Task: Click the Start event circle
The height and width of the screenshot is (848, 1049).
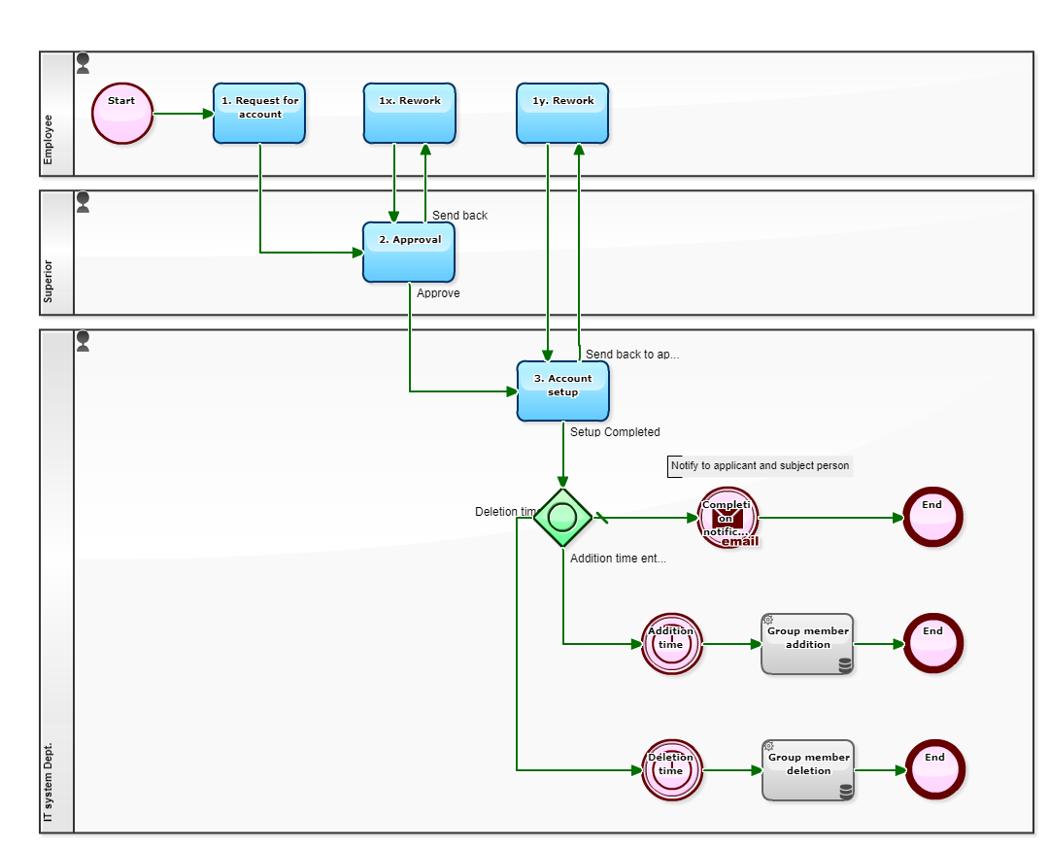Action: [x=122, y=114]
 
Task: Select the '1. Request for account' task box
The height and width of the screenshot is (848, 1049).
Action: [x=259, y=114]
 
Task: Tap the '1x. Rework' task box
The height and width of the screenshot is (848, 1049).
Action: [x=409, y=114]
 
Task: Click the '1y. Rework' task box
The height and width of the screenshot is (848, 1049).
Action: [x=562, y=114]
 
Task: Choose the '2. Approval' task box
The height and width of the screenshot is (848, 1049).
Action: [x=409, y=253]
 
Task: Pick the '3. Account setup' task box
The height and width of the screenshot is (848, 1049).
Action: [x=562, y=391]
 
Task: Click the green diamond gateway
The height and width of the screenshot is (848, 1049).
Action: [x=562, y=517]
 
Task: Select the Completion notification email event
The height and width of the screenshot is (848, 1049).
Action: [x=728, y=518]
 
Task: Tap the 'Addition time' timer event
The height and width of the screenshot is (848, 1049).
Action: [x=671, y=643]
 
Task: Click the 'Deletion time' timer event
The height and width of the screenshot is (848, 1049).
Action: [x=671, y=769]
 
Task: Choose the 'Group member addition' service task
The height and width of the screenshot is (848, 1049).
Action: [x=807, y=643]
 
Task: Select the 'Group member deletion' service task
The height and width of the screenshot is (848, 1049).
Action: [x=808, y=769]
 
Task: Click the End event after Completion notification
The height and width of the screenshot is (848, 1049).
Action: [x=932, y=517]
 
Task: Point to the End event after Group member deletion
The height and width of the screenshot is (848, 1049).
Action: [x=934, y=769]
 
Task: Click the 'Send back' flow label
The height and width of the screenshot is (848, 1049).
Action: [x=459, y=216]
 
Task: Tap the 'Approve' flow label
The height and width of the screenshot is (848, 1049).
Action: [x=438, y=293]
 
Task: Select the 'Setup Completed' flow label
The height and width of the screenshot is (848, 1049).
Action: [x=615, y=432]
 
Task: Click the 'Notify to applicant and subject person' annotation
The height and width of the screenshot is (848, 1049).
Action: [x=760, y=466]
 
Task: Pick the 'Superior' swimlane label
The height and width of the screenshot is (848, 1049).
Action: [x=50, y=281]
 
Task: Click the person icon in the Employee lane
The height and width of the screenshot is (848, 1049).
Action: [x=84, y=63]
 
